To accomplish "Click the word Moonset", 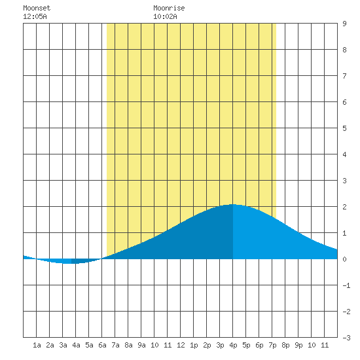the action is click(37, 8).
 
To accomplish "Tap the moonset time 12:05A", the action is click(35, 16).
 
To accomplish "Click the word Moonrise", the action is click(169, 8).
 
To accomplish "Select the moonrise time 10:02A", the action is click(165, 16).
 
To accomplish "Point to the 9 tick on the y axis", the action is click(344, 24).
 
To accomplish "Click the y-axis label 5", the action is click(344, 128).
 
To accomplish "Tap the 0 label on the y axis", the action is click(344, 259).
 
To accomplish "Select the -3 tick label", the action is click(346, 338).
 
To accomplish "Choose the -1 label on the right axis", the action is click(346, 285).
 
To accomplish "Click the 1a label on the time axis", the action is click(37, 345).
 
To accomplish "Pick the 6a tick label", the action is click(102, 345).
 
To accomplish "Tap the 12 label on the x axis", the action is click(181, 345).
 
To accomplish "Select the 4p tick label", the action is click(233, 345).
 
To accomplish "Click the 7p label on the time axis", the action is click(272, 345).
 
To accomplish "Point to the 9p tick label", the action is click(298, 345).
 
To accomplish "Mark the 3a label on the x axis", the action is click(63, 345).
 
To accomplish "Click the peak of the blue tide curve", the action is click(233, 204).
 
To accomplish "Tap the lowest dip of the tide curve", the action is click(69, 263).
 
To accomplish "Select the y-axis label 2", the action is click(344, 207).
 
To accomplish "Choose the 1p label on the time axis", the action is click(194, 345).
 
